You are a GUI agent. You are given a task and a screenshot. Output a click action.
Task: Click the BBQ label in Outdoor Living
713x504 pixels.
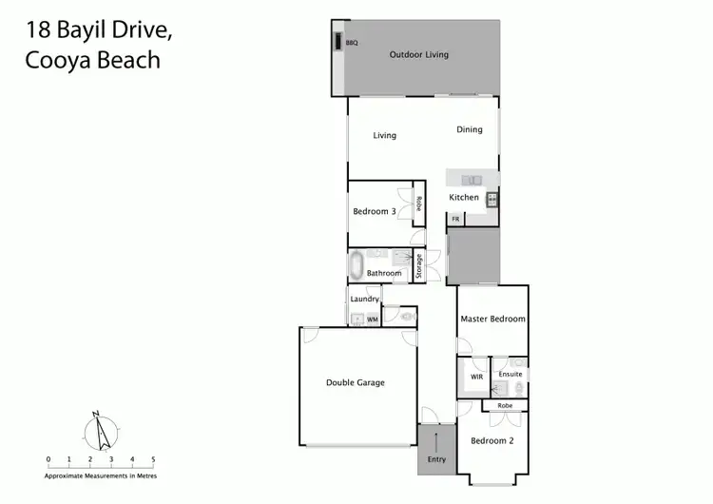pyautogui.click(x=352, y=43)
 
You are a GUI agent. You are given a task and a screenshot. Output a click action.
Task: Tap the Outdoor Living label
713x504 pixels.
pyautogui.click(x=418, y=54)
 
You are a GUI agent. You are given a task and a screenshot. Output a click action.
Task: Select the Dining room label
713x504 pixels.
pyautogui.click(x=470, y=129)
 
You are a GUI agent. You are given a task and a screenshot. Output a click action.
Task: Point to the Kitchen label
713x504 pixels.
pyautogui.click(x=464, y=197)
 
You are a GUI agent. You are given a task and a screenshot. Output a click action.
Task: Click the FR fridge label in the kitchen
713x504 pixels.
pyautogui.click(x=455, y=220)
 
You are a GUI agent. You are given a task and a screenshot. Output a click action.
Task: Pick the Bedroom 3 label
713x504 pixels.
pyautogui.click(x=375, y=211)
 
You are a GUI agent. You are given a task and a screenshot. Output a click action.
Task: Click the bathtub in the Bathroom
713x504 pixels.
pyautogui.click(x=356, y=264)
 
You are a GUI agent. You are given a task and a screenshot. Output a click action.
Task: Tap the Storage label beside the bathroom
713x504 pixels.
pyautogui.click(x=418, y=265)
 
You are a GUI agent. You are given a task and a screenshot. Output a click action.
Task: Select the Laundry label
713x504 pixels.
pyautogui.click(x=365, y=300)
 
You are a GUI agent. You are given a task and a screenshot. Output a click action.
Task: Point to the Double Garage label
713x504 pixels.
pyautogui.click(x=356, y=382)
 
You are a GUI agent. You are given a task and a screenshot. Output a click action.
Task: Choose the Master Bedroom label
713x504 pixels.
pyautogui.click(x=492, y=320)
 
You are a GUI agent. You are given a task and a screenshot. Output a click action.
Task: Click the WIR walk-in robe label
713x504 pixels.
pyautogui.click(x=476, y=377)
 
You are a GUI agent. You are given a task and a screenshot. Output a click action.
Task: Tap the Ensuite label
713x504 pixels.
pyautogui.click(x=511, y=374)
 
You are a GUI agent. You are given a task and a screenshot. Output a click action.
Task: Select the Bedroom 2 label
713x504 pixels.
pyautogui.click(x=491, y=440)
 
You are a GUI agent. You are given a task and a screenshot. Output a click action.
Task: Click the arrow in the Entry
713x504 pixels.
pyautogui.click(x=436, y=442)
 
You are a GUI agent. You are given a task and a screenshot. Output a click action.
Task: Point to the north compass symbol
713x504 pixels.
pyautogui.click(x=99, y=433)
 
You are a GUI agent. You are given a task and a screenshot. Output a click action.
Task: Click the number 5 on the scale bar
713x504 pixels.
pyautogui.click(x=153, y=458)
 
